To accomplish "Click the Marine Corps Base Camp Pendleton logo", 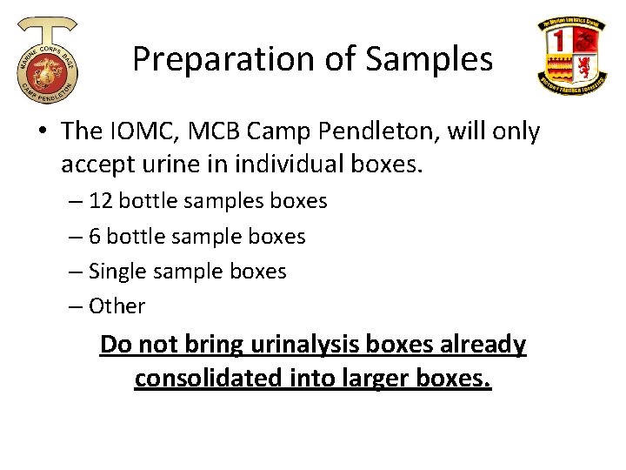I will point(48,60).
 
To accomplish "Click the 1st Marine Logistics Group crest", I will point(571,57).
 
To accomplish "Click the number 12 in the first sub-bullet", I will point(101,201).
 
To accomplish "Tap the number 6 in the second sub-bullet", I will point(95,237).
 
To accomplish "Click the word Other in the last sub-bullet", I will point(117,306).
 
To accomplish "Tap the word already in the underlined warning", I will point(483,345).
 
